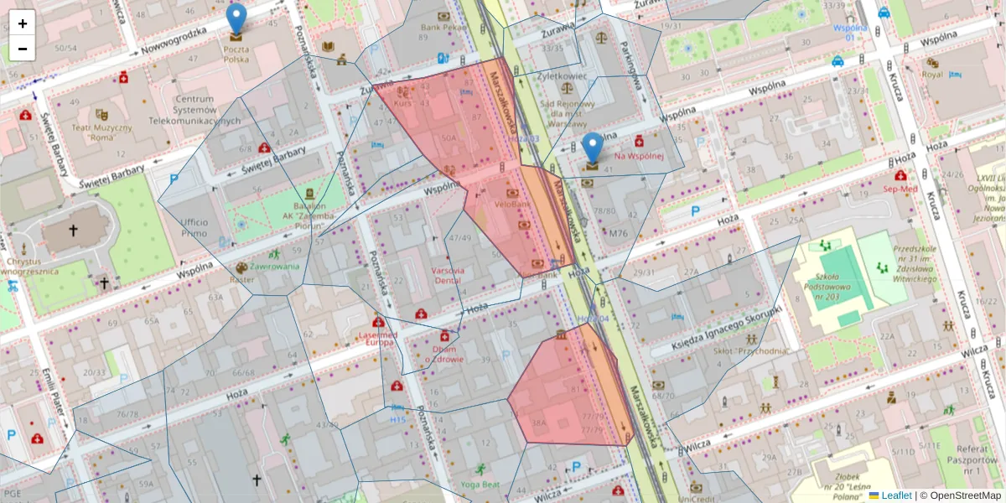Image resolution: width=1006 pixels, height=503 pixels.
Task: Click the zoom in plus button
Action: (23, 23)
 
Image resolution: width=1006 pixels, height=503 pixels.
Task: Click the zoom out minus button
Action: (23, 49)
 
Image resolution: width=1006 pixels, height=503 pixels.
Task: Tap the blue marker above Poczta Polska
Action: (237, 18)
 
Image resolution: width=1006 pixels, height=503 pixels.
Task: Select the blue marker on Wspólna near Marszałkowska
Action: (593, 148)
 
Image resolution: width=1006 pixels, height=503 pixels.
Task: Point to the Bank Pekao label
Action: (443, 27)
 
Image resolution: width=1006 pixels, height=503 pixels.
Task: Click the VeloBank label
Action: (511, 204)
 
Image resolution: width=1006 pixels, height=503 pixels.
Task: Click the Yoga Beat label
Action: (480, 485)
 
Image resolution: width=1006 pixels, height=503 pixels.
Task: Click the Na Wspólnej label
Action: (639, 155)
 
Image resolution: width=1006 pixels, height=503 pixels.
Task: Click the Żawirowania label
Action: (274, 267)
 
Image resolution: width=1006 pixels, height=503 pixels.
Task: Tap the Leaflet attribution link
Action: (895, 495)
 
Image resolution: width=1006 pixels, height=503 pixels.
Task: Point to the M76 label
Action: (619, 233)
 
